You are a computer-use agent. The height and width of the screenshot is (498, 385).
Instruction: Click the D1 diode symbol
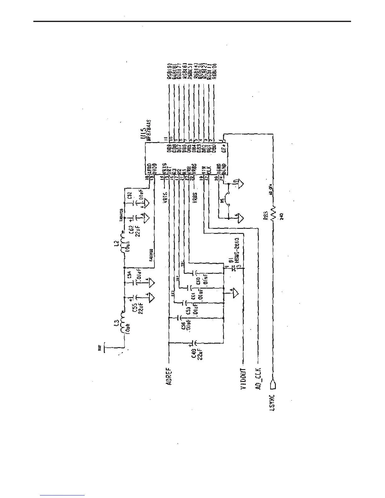click(x=233, y=268)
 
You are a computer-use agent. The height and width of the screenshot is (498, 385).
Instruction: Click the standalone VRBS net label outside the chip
click(x=195, y=199)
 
